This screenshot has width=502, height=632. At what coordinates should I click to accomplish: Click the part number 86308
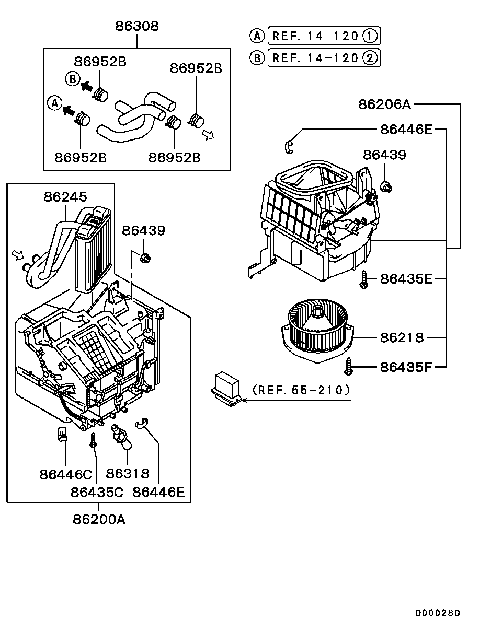coord(137,26)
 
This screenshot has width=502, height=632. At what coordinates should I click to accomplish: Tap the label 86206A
coord(384,104)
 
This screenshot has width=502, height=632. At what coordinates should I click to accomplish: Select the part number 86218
coord(402,338)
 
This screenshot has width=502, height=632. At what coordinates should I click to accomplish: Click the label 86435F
coord(406,367)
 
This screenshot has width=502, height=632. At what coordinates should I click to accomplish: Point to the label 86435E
coord(406,279)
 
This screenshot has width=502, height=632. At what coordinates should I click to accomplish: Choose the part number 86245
coord(65,197)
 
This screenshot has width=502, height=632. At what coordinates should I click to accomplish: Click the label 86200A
coord(99,520)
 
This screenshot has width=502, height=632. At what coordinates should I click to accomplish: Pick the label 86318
coord(128,474)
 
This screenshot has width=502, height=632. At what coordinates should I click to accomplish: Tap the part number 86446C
coord(65,475)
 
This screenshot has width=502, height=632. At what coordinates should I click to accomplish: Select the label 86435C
coord(97,493)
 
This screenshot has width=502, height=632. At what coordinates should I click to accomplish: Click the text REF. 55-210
coord(301,390)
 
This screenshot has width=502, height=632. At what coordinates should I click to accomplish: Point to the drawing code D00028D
coord(438,613)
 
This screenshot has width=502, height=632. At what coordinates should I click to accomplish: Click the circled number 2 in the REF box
coord(370,58)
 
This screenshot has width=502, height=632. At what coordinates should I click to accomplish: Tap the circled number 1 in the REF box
coord(370,36)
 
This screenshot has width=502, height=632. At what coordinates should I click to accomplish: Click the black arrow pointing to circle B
coord(86,86)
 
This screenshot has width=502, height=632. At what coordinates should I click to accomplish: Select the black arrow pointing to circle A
coord(69,111)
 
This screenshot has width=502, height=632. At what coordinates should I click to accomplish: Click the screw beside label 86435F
coord(349,366)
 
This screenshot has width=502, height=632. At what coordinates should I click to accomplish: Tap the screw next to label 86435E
coord(364,279)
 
